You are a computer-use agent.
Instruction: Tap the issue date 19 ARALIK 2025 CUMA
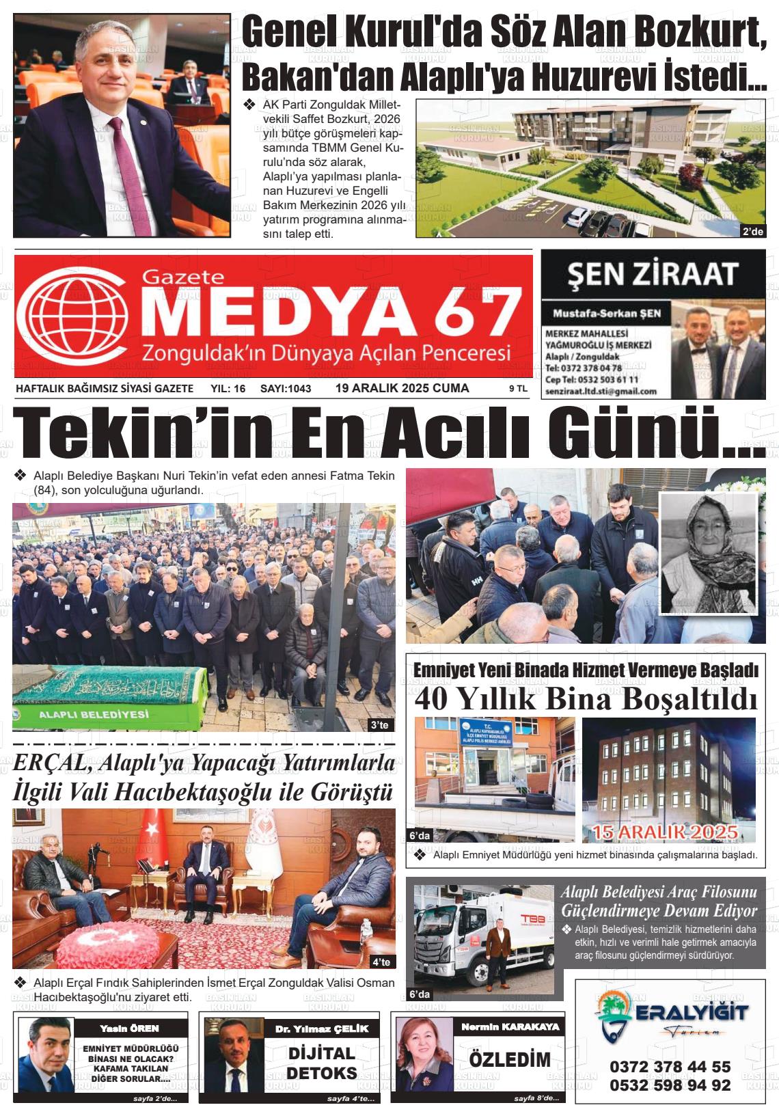click(x=402, y=388)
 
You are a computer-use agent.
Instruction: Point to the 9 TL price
click(x=517, y=389)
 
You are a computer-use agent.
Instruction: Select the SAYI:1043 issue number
click(x=286, y=389)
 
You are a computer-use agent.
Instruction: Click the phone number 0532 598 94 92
click(x=670, y=1085)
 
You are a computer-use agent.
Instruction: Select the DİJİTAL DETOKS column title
click(x=321, y=1063)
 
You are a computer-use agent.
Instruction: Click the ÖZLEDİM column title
click(x=509, y=1060)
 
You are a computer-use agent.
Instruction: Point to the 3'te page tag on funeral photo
click(x=378, y=724)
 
